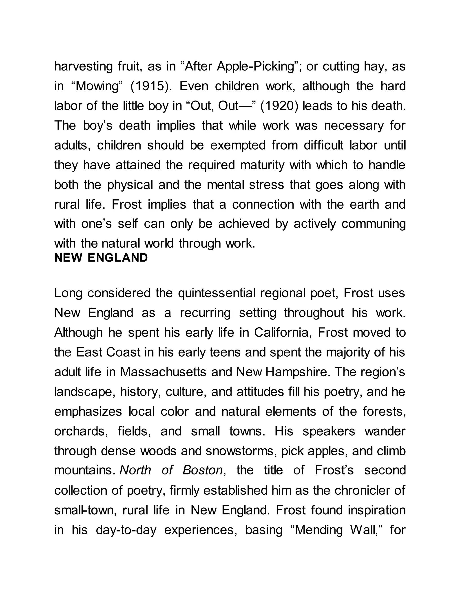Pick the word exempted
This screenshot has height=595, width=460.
(238, 145)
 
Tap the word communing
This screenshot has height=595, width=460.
(373, 224)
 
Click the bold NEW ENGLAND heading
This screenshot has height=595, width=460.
(101, 258)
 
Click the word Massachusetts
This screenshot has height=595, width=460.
(163, 372)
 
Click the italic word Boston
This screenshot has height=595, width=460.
(202, 470)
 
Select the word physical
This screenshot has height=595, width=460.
(130, 185)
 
